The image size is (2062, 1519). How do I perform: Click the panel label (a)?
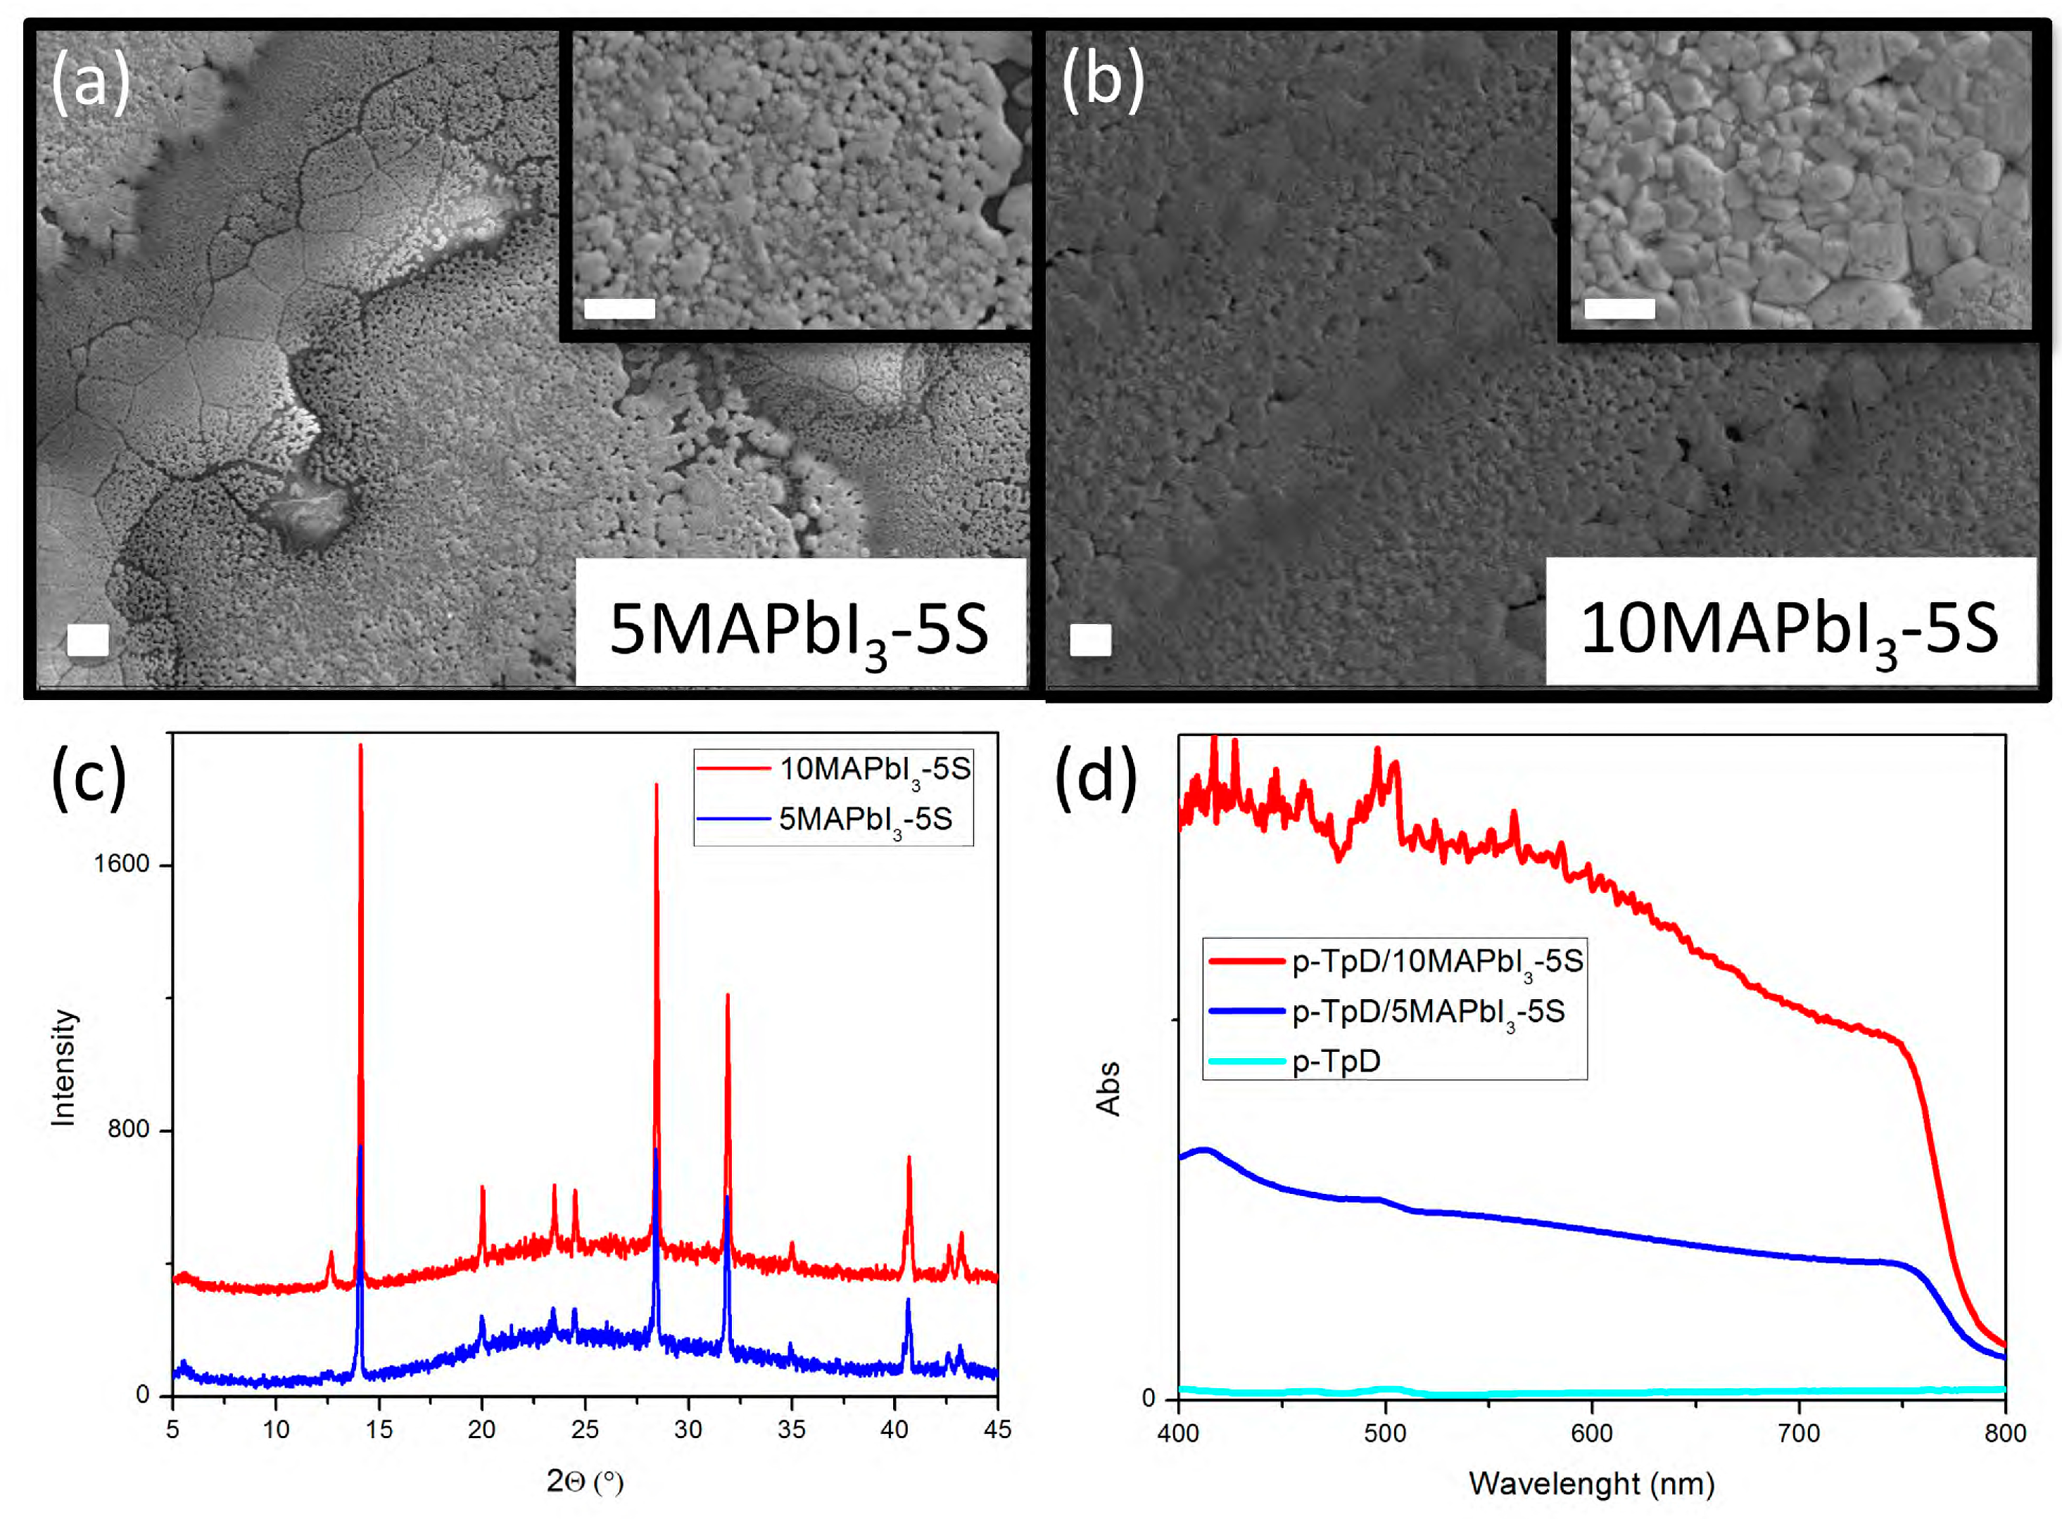89,82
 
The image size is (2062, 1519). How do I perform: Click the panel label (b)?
1102,80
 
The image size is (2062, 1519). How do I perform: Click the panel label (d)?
1094,777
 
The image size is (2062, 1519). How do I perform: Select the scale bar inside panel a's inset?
619,309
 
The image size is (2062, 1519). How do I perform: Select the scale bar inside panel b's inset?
1619,309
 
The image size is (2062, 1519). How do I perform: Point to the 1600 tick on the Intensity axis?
122,864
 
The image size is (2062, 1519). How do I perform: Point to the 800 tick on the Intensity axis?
128,1129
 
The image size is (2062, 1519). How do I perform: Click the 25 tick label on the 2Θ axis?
585,1429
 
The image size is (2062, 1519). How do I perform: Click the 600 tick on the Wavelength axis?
1591,1433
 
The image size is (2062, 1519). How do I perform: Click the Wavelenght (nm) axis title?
1591,1483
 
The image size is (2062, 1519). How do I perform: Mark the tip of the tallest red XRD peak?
360,746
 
